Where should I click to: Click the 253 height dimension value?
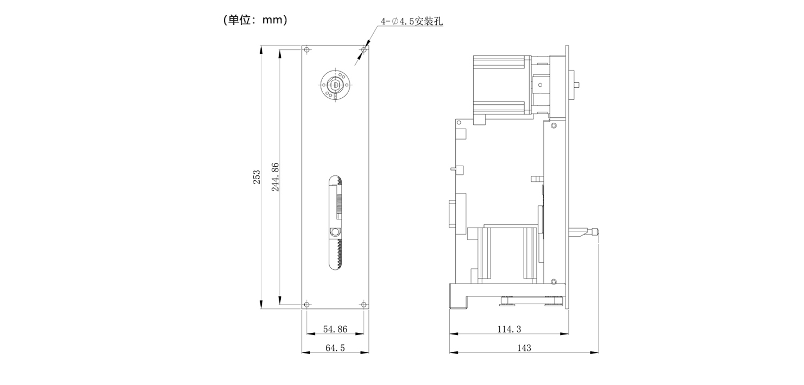click(x=257, y=177)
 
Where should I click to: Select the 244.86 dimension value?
click(x=275, y=177)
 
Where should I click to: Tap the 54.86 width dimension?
click(x=335, y=329)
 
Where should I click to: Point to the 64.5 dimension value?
click(x=335, y=348)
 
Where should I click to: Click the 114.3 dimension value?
click(x=509, y=329)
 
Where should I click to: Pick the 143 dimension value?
click(x=524, y=348)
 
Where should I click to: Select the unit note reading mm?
click(x=255, y=20)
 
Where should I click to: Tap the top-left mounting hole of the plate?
click(x=307, y=51)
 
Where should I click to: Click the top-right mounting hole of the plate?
click(x=362, y=51)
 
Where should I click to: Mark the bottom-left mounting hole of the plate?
click(x=307, y=304)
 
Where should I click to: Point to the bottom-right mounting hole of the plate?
click(x=362, y=304)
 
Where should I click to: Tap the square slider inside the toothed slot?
click(x=334, y=232)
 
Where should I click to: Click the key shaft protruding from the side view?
click(x=579, y=84)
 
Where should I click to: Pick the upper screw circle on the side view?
click(x=553, y=126)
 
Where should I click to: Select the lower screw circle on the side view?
click(x=553, y=281)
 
